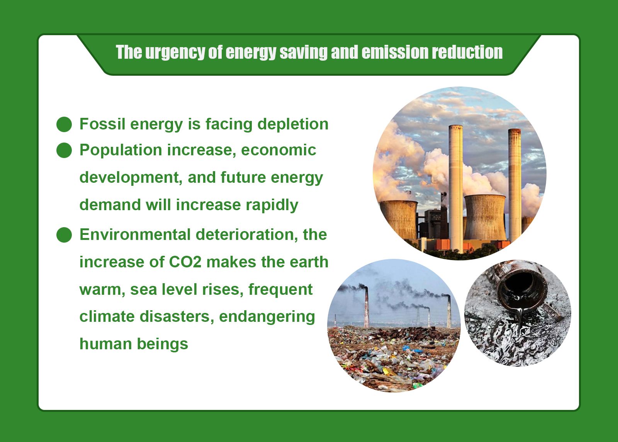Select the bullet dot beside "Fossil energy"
coord(64,124)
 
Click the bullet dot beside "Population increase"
coord(64,150)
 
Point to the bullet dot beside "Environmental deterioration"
coord(64,235)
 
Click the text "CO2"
coord(185,262)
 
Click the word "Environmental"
coord(135,235)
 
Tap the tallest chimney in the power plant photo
coord(455,185)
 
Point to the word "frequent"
coord(280,289)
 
